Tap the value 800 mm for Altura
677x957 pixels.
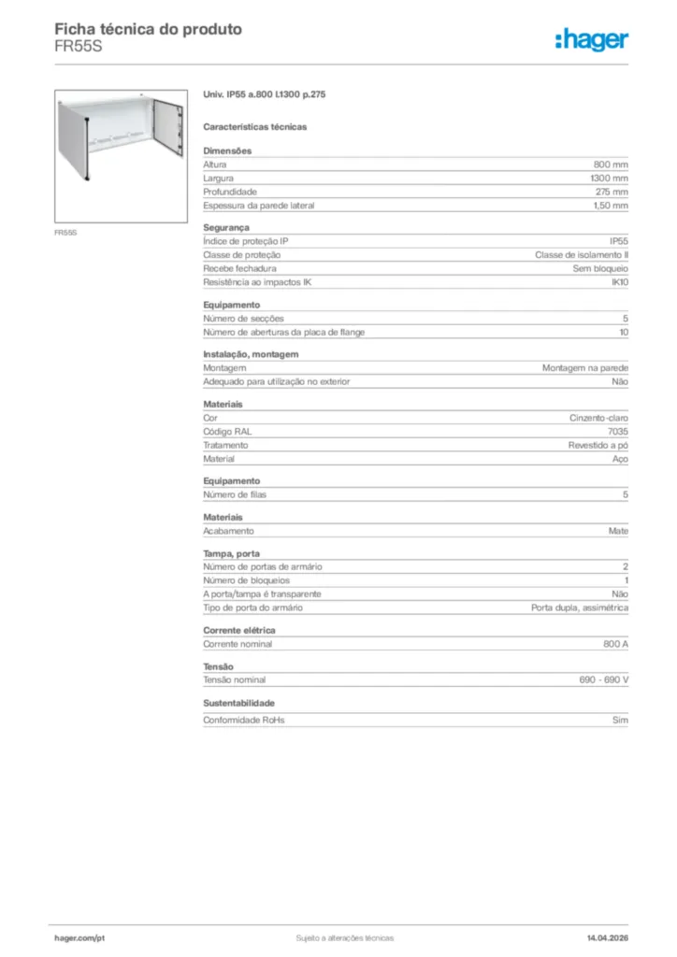click(x=611, y=164)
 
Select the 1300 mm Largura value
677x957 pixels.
click(x=609, y=178)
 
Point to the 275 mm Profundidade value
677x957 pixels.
click(x=612, y=192)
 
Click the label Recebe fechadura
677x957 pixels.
click(x=234, y=268)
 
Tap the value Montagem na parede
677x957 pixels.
click(x=585, y=368)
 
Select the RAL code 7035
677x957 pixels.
click(x=618, y=432)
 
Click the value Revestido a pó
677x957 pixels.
click(x=598, y=446)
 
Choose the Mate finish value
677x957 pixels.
click(x=618, y=531)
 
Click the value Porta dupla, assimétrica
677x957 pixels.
click(x=580, y=607)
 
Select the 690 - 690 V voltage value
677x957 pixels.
click(x=604, y=679)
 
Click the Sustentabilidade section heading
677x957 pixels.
click(x=238, y=703)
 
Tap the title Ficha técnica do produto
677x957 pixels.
click(x=148, y=29)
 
